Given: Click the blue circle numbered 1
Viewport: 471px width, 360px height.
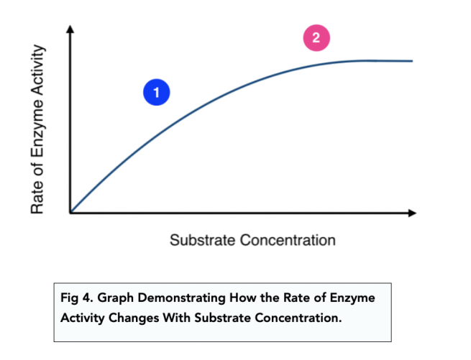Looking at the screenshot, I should [155, 92].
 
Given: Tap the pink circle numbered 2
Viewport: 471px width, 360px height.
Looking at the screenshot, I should [316, 38].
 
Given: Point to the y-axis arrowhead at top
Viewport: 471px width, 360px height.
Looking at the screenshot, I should [70, 29].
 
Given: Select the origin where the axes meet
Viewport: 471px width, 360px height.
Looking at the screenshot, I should [70, 213].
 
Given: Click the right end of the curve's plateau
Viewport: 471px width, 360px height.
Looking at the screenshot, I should [411, 61].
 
